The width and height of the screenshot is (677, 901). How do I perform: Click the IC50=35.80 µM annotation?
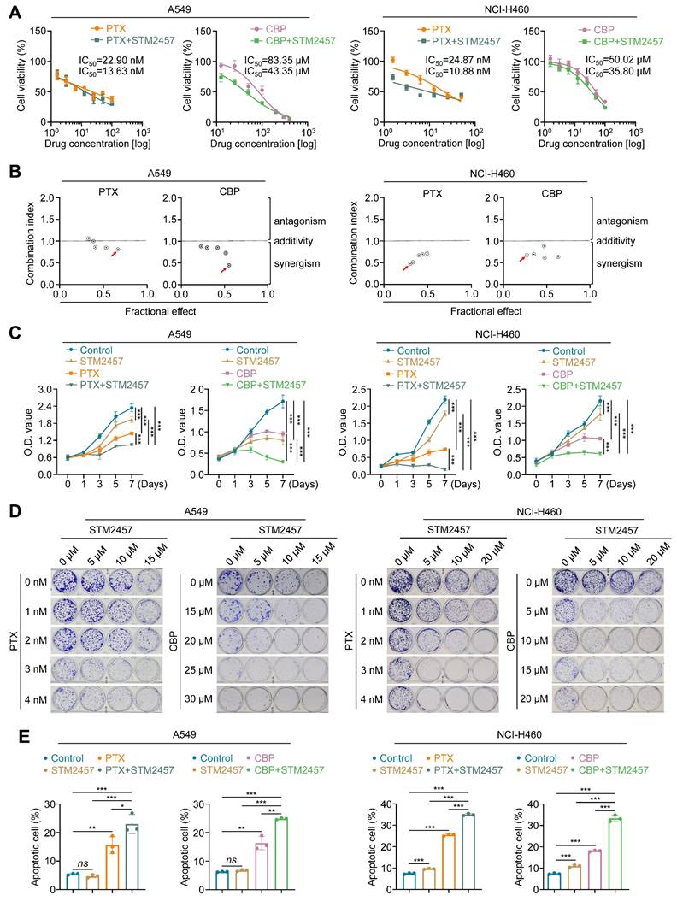click(x=614, y=72)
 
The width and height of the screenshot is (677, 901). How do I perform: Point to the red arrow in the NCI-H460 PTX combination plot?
click(x=405, y=268)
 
